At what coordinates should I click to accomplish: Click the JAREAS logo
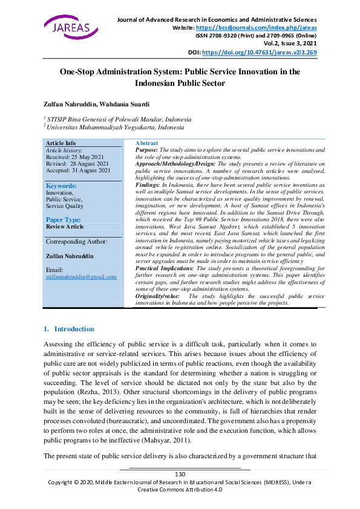[x=66, y=27]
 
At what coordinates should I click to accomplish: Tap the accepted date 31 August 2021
[x=79, y=170]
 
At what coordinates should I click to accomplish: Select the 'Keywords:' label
[x=61, y=186]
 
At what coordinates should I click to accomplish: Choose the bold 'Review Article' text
[x=65, y=227]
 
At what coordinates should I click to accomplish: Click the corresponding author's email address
[x=81, y=276]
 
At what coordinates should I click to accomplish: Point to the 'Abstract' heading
[x=146, y=143]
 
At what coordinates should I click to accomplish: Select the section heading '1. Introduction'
[x=69, y=329]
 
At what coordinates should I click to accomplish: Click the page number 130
[x=180, y=474]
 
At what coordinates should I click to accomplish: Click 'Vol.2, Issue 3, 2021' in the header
[x=290, y=44]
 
